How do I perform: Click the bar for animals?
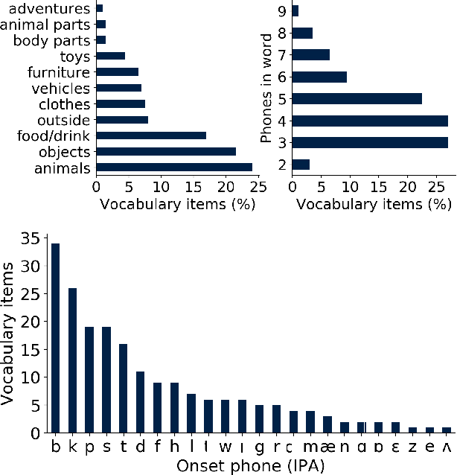pos(174,167)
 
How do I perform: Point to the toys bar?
pos(111,57)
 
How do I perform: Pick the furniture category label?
pos(59,72)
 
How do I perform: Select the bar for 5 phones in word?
pos(357,98)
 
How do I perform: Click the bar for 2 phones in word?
pos(301,164)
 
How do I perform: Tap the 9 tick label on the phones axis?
pos(282,11)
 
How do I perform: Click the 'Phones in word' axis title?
pos(266,88)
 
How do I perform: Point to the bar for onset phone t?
pos(123,388)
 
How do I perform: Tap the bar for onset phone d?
pos(140,402)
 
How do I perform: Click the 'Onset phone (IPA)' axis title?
pos(251,465)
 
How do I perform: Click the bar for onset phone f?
pos(157,407)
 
